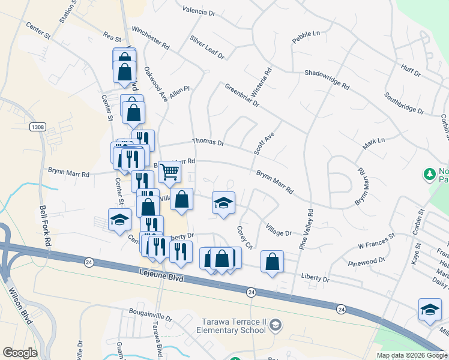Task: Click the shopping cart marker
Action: coord(170,172)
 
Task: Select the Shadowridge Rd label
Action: coord(327,79)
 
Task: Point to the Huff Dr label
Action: coord(411,71)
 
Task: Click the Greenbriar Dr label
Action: coord(242,95)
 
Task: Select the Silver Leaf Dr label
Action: coord(206,47)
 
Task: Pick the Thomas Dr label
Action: coord(208,142)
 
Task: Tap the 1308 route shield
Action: coord(38,127)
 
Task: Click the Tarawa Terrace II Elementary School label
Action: coord(234,326)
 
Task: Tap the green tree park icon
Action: coord(429,175)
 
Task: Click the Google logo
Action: coord(20,353)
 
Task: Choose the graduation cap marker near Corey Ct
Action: coord(223,203)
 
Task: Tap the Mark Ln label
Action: coord(373,144)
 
